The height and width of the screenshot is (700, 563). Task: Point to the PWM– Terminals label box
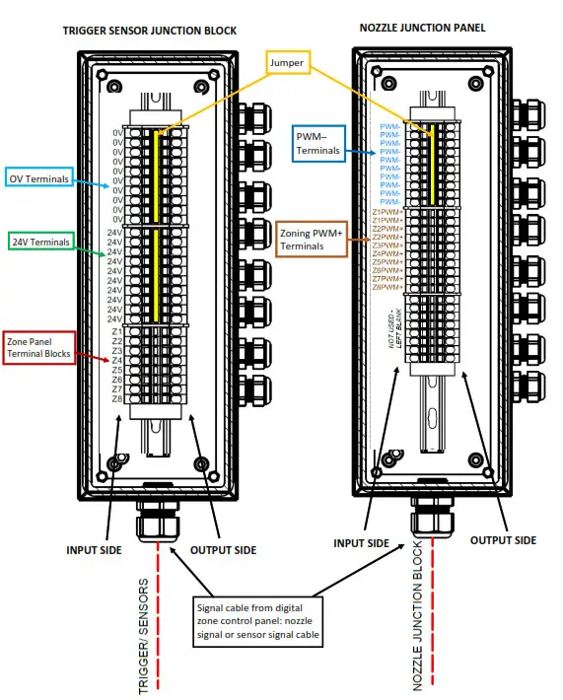[x=317, y=143]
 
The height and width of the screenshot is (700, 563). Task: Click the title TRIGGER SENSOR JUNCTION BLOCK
[x=149, y=31]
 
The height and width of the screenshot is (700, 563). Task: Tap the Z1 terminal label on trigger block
[x=117, y=331]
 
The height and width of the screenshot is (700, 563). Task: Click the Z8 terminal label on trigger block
[x=117, y=399]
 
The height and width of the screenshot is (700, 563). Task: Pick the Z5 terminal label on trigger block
[x=117, y=370]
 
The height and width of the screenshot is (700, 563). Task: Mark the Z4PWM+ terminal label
[x=387, y=253]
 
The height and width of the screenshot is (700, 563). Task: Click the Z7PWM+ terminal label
[x=387, y=279]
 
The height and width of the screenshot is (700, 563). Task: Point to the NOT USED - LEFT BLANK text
[x=396, y=328]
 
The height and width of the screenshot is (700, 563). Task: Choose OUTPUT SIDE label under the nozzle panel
[x=503, y=540]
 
